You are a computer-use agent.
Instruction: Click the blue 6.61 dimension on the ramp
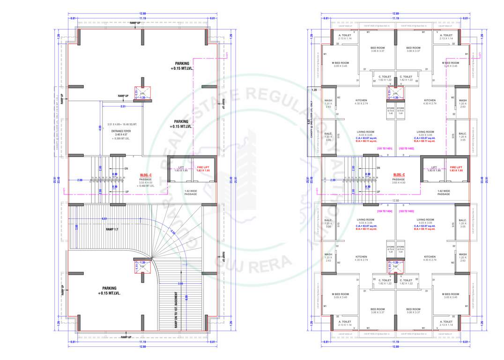104,218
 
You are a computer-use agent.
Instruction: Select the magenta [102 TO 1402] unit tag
406,148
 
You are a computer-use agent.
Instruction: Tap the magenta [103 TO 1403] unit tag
406,211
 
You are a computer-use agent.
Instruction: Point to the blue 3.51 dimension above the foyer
123,106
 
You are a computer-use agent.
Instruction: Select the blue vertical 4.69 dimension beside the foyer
100,127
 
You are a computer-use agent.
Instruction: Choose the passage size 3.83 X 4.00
399,182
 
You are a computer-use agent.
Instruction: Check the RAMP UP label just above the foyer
123,96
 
